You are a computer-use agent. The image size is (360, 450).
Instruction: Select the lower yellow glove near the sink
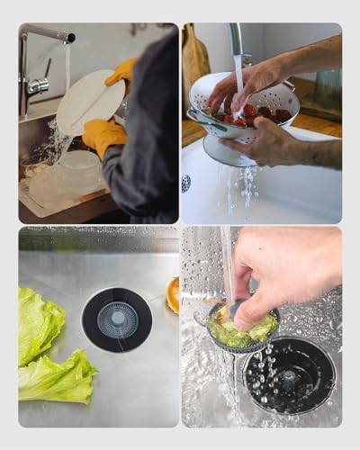pyautogui.click(x=103, y=136)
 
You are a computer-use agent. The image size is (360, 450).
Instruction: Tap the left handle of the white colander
pyautogui.click(x=197, y=115)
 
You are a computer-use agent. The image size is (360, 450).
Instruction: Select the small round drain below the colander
pyautogui.click(x=186, y=183)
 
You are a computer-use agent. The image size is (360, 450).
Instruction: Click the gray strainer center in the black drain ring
pyautogui.click(x=117, y=319)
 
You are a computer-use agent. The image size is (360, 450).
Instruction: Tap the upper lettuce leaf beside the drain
pyautogui.click(x=40, y=324)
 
